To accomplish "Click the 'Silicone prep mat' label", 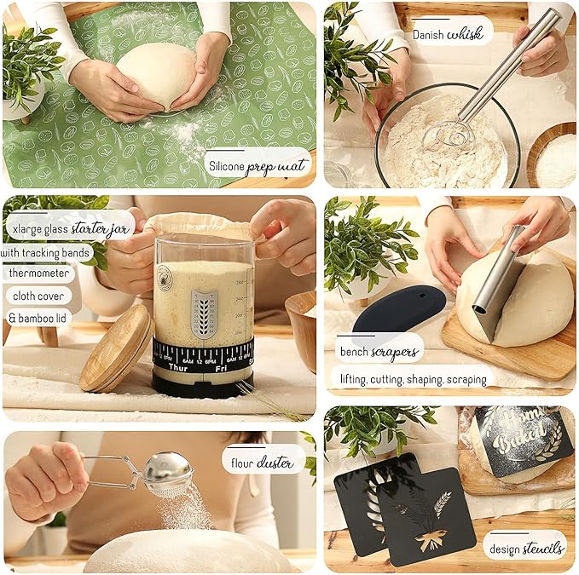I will [258, 164].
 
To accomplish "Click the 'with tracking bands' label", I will [46, 252].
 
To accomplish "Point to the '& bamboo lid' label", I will [39, 318].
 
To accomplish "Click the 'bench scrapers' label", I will [380, 349].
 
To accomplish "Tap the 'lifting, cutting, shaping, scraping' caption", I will [412, 379].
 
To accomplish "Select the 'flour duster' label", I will [263, 463].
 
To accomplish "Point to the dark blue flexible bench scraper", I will [399, 311].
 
